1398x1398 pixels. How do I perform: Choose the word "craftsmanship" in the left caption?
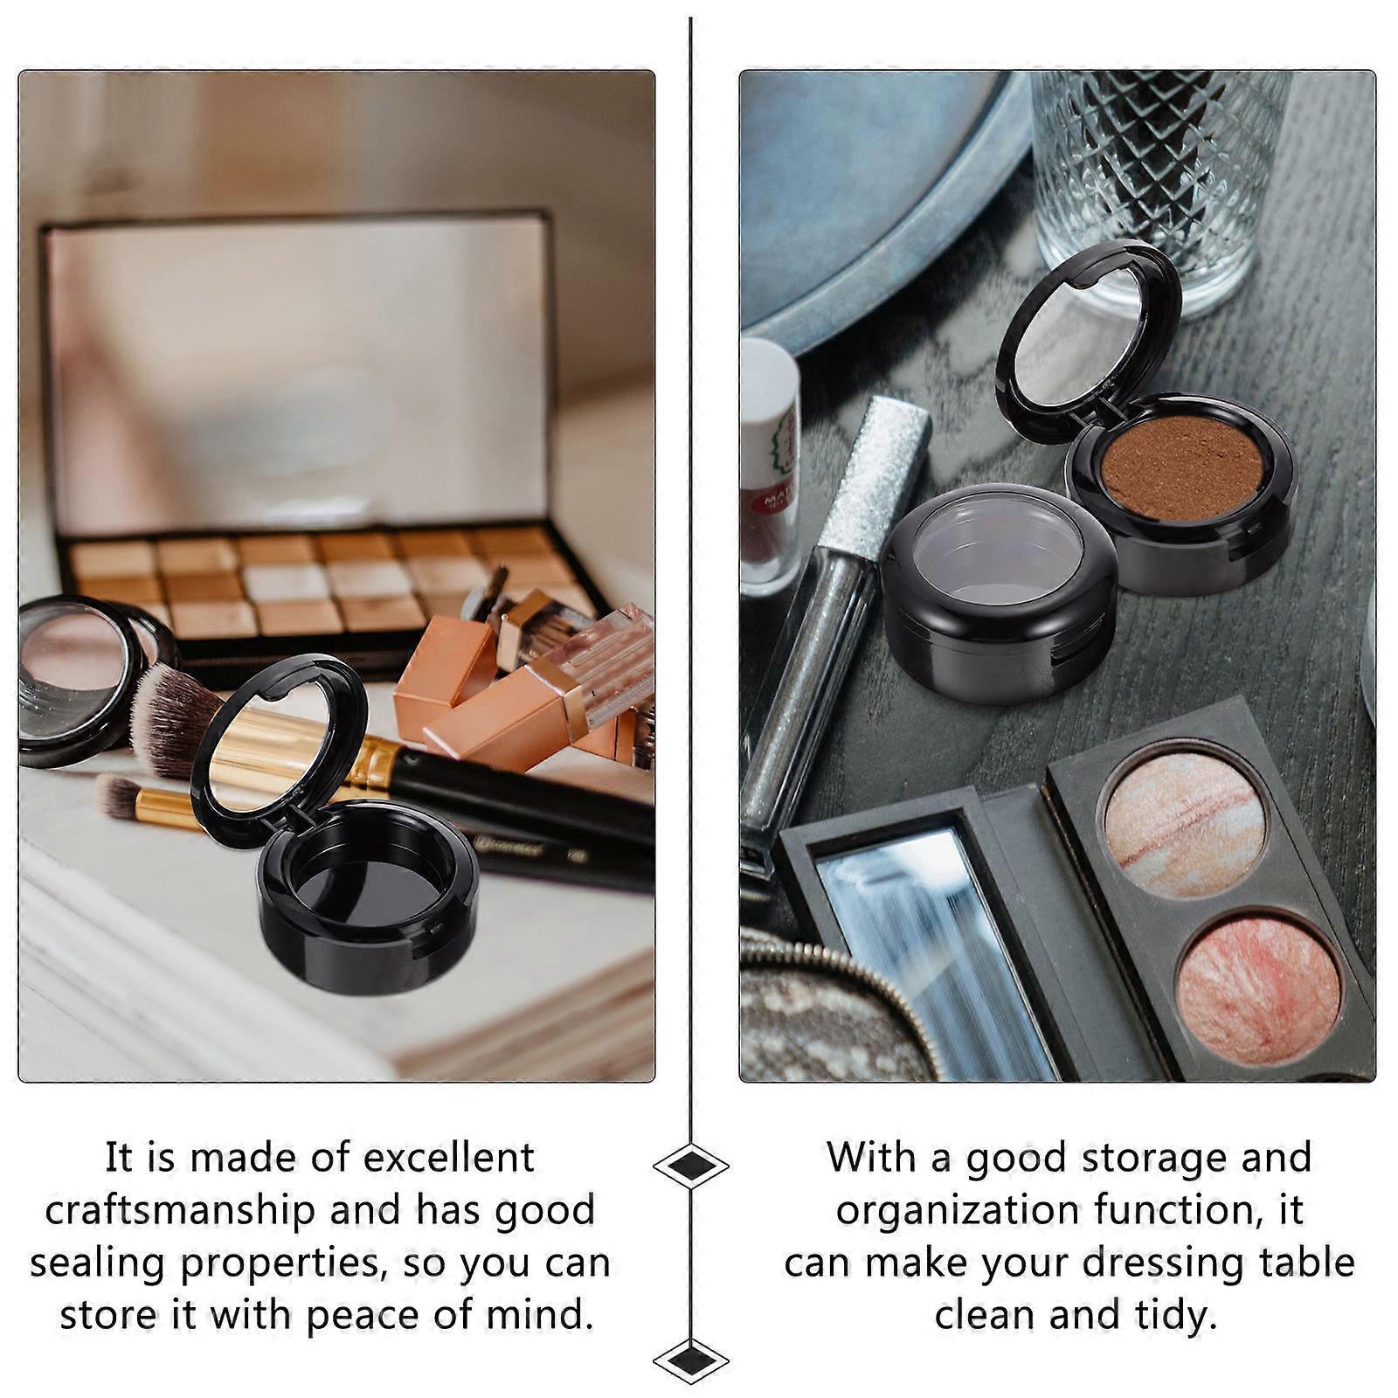(180, 1210)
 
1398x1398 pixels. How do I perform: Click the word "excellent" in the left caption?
(448, 1158)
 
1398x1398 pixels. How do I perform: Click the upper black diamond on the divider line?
(690, 1166)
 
